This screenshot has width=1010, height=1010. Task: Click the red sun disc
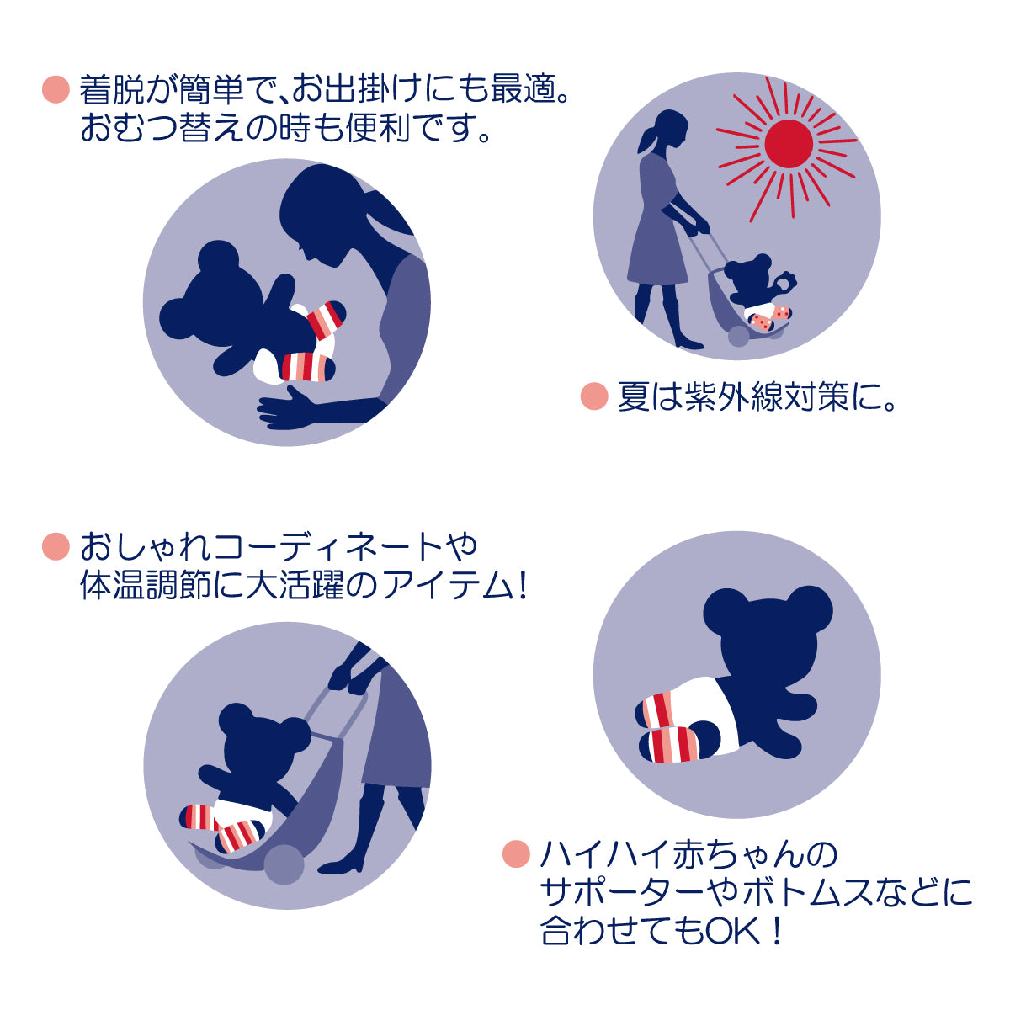[x=789, y=142]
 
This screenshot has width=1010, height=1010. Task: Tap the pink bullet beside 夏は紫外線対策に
[x=594, y=396]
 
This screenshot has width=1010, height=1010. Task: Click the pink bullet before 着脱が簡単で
[x=55, y=89]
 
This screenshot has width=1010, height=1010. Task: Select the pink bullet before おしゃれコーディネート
[x=55, y=546]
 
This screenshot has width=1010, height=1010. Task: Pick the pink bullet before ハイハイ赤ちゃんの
[x=515, y=854]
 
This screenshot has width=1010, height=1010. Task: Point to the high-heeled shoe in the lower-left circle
[x=343, y=862]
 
